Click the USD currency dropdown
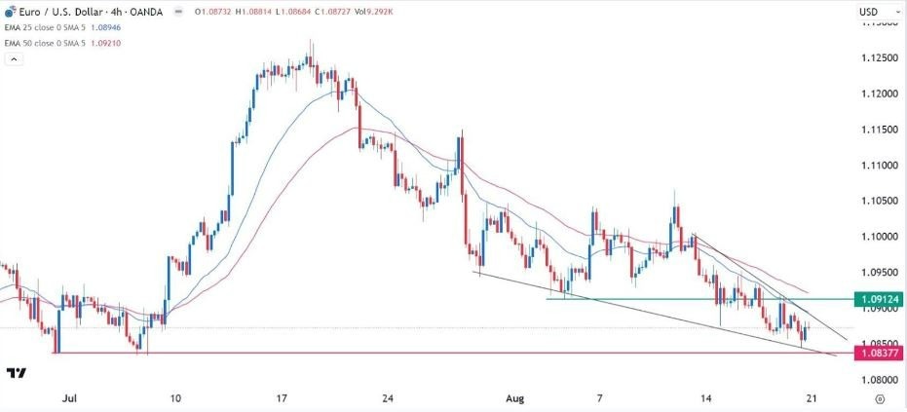pyautogui.click(x=870, y=12)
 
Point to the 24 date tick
pyautogui.click(x=388, y=397)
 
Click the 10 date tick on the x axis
pyautogui.click(x=174, y=397)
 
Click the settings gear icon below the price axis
pyautogui.click(x=879, y=398)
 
